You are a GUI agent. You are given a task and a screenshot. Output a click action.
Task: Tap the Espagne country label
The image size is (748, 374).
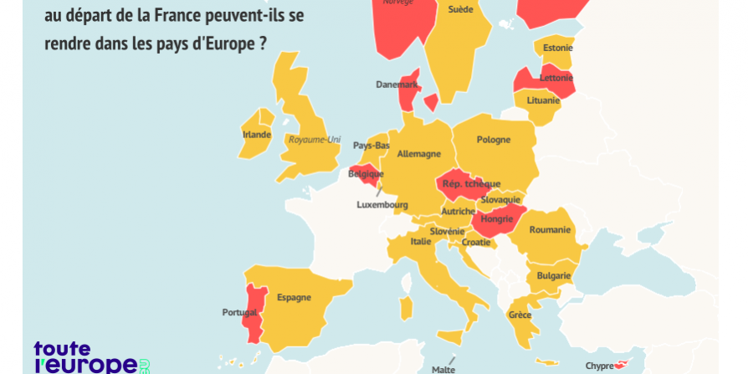(x=294, y=297)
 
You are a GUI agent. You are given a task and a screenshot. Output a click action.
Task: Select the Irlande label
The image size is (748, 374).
(x=256, y=134)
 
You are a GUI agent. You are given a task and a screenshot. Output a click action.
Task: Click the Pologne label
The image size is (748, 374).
(x=493, y=140)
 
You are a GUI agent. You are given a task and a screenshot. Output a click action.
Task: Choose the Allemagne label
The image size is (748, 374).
(x=418, y=154)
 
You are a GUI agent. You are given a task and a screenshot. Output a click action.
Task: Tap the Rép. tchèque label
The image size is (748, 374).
(x=471, y=184)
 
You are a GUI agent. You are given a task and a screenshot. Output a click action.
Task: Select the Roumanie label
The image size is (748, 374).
(x=550, y=229)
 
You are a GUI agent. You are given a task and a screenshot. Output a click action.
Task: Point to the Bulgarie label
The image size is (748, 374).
(x=554, y=275)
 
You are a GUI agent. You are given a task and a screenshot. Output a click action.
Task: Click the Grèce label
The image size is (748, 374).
(x=520, y=315)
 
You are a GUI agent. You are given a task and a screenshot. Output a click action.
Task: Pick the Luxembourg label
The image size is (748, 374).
(x=382, y=204)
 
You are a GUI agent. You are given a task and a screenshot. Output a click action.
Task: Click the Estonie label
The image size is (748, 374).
(x=557, y=48)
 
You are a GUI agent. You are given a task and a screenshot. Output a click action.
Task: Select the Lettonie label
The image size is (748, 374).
(x=556, y=78)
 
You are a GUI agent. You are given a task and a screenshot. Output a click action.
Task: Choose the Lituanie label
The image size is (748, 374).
(x=543, y=100)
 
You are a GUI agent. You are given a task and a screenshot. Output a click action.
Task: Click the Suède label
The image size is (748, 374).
(x=460, y=9)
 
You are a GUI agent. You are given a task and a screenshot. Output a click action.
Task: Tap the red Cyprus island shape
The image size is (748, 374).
(x=621, y=364)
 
